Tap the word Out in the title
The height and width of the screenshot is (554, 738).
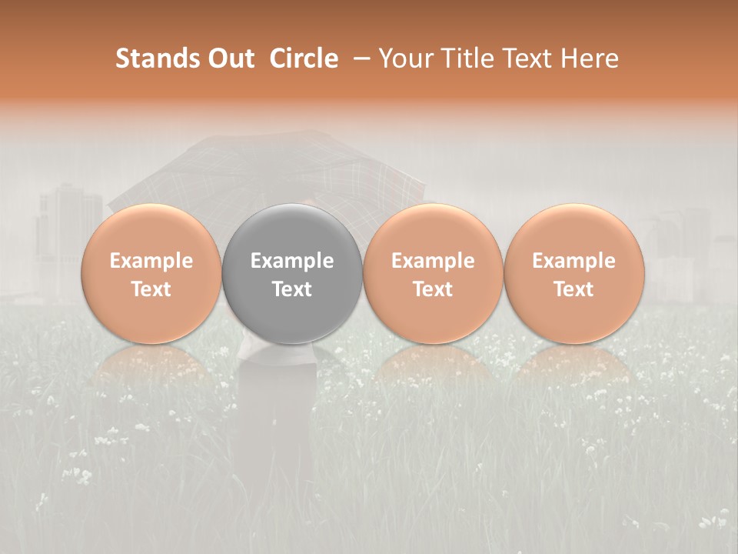(x=230, y=58)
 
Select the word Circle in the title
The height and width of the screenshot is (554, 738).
(x=304, y=58)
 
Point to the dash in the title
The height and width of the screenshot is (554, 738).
(x=358, y=58)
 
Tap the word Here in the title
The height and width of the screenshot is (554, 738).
(x=591, y=58)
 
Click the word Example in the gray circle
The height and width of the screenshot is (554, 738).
(x=292, y=261)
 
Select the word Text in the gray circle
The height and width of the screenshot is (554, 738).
(x=292, y=289)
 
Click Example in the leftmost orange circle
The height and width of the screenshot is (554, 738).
(x=151, y=261)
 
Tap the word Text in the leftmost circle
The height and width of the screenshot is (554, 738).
(x=151, y=289)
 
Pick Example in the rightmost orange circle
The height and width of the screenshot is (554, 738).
(x=573, y=261)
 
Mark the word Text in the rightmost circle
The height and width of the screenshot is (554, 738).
(x=573, y=289)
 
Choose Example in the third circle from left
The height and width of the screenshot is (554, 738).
(x=433, y=261)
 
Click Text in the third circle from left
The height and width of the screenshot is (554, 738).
(x=433, y=289)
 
